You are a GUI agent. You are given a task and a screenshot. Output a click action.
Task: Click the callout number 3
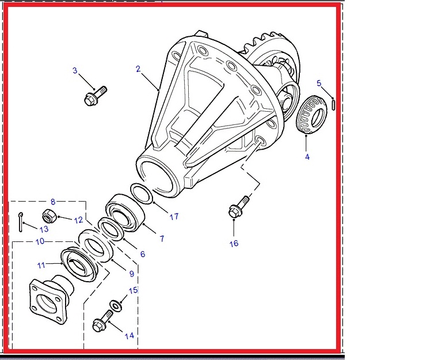point(75,70)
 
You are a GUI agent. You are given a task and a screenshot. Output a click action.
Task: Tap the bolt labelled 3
point(96,96)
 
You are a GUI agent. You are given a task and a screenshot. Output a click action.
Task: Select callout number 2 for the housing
point(138,69)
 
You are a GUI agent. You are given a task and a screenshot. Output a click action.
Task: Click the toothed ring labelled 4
point(311,115)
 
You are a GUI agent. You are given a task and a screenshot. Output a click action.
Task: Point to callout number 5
point(319,83)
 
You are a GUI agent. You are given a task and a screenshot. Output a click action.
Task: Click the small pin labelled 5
point(333,104)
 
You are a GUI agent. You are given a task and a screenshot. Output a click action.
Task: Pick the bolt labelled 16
point(238,207)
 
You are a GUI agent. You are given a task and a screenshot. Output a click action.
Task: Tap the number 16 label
point(234,243)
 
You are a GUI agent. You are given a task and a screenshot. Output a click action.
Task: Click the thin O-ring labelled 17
point(142,194)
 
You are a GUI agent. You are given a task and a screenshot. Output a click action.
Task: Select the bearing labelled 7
point(125,213)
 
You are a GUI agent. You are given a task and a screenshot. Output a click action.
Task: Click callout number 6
point(143,254)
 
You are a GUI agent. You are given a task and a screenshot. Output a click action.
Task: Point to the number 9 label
point(132,274)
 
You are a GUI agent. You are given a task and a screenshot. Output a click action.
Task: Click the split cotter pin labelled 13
point(21,222)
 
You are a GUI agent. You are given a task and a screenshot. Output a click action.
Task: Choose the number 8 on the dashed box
point(53,202)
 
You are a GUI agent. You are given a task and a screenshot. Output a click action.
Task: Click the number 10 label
point(40,241)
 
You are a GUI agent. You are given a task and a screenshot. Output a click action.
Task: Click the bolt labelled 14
point(102,321)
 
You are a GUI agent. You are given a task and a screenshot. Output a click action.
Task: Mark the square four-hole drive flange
point(52,300)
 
